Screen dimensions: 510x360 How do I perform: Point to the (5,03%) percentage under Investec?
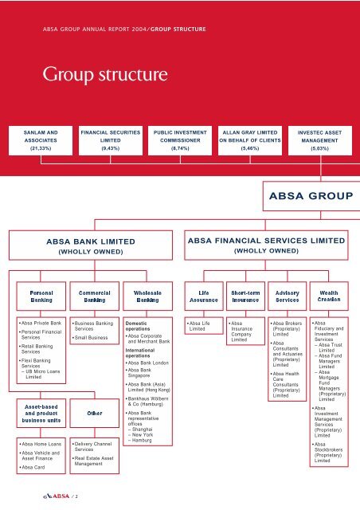(x=321, y=147)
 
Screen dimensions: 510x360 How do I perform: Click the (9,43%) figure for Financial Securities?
(x=108, y=147)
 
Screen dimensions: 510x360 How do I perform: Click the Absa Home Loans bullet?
(x=39, y=443)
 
